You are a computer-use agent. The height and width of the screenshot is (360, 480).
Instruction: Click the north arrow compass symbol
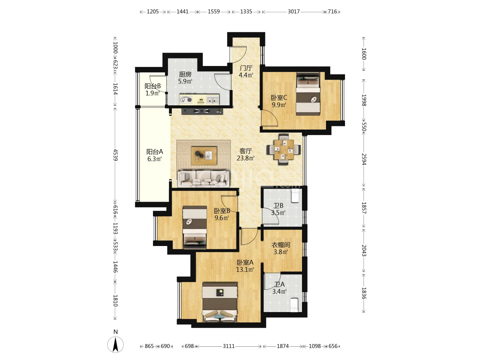point(115,344)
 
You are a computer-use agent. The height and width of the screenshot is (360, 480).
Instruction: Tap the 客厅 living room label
point(246,151)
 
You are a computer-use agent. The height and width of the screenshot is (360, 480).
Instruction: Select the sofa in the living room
point(203,179)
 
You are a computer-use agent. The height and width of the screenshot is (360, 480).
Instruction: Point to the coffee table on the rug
point(204,156)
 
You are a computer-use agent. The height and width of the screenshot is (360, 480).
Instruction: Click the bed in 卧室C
point(308,94)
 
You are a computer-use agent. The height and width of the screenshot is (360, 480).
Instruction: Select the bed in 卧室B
point(195,227)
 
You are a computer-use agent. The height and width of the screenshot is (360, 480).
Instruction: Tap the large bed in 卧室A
point(220,302)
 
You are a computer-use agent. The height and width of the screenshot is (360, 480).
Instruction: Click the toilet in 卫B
point(295,196)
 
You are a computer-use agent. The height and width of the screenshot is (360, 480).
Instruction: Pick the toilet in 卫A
point(294,305)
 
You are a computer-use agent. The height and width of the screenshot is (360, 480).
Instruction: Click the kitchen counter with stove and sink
point(199,99)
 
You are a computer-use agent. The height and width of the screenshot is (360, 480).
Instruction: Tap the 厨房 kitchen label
point(185,74)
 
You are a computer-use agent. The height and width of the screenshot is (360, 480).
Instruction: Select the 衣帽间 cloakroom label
point(281,245)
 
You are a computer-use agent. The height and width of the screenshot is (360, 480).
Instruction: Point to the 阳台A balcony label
point(155,151)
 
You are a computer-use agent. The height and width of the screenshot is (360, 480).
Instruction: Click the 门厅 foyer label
point(246,68)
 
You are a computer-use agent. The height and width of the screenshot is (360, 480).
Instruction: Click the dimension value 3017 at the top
point(293,11)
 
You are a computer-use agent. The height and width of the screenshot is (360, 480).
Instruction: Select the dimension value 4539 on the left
point(115,155)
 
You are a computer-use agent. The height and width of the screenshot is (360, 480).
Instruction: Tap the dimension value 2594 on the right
point(364,159)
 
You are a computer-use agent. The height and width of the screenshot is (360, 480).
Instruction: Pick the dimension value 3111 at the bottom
point(229,346)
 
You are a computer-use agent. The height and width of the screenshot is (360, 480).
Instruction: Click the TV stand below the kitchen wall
point(202,111)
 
